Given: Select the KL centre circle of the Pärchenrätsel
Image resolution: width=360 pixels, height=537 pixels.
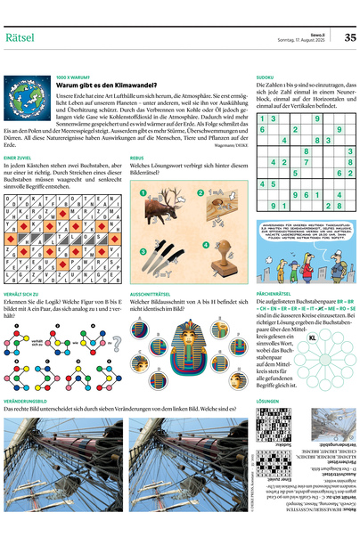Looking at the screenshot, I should pyautogui.click(x=311, y=338).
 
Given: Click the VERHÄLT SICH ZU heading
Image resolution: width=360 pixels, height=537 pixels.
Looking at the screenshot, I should pyautogui.click(x=21, y=293).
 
